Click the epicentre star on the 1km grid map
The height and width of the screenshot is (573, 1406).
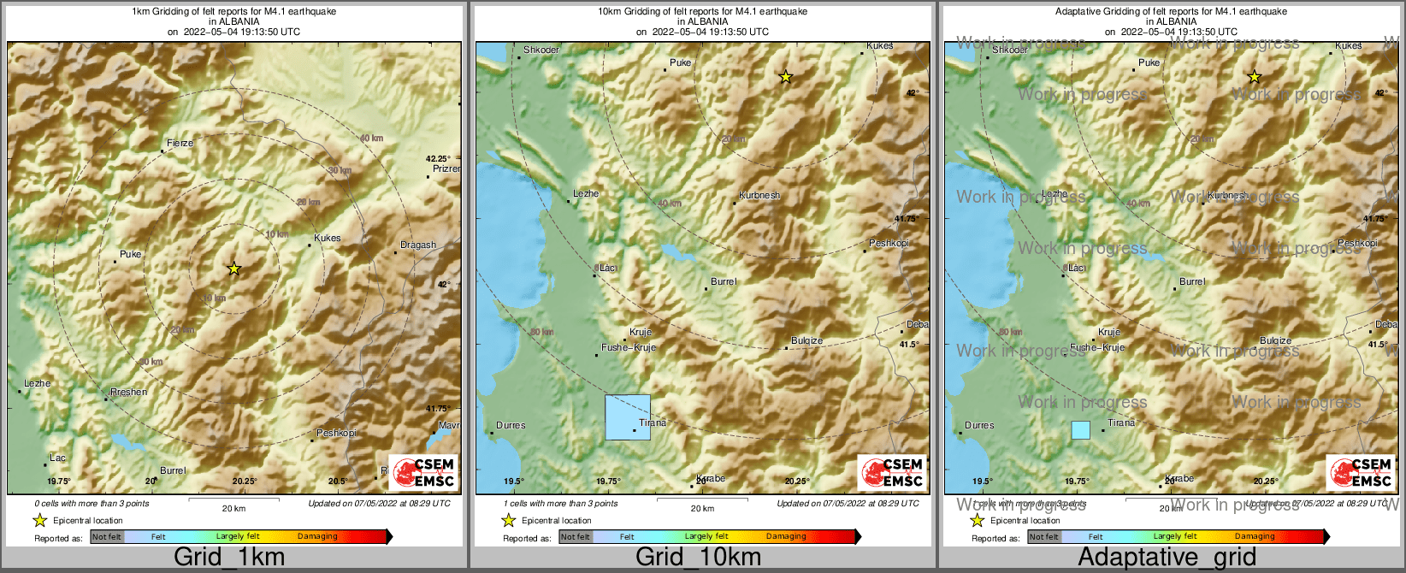234,269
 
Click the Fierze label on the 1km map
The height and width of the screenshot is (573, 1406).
180,143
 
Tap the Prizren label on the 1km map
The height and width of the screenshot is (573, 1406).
446,168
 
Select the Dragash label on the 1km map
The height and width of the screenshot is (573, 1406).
418,245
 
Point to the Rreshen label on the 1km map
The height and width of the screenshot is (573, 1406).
128,392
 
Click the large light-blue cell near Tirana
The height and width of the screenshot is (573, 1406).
628,417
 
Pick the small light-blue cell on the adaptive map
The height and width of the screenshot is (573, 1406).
1081,430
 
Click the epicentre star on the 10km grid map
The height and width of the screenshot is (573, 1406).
786,77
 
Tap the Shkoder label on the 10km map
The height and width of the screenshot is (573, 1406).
541,50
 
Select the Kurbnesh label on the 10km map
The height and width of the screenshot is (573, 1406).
759,195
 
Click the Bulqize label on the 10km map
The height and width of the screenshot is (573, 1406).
806,340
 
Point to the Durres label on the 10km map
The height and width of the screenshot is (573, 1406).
511,425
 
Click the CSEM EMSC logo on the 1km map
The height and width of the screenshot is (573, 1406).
423,472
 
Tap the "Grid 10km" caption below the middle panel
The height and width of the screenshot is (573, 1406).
697,557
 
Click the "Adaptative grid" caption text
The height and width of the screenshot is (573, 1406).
1167,557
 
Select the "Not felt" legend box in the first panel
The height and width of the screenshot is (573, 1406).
107,537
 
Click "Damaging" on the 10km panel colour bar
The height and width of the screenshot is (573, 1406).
786,537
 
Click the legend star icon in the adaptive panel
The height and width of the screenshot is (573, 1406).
977,520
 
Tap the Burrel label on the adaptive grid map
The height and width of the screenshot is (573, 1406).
1191,281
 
